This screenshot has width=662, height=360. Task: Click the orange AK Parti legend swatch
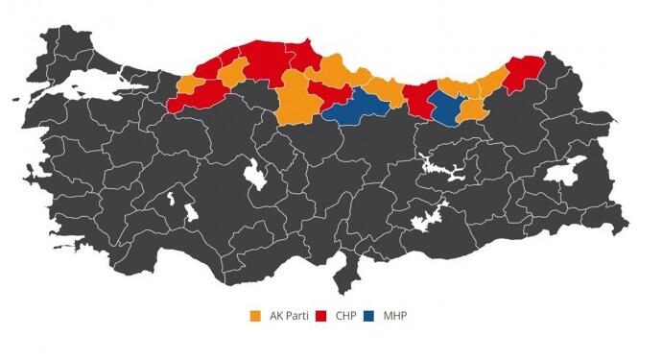pyautogui.click(x=255, y=316)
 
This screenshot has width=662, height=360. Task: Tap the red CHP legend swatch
pyautogui.click(x=320, y=316)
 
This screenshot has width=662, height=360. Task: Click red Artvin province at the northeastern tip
pyautogui.click(x=525, y=70)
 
